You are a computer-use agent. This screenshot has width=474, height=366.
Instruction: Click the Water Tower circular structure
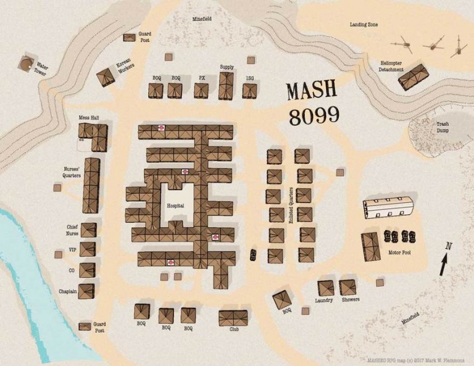tap(26, 63)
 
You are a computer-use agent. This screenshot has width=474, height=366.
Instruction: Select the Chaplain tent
tap(87, 291)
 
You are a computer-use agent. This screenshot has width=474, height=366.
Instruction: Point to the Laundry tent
tap(326, 288)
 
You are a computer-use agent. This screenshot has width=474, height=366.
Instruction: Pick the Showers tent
tap(347, 287)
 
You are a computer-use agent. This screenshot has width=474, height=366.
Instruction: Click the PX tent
tap(202, 91)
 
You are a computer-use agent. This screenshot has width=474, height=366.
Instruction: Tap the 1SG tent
tap(249, 91)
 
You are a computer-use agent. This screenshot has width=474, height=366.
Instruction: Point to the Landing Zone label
tap(364, 25)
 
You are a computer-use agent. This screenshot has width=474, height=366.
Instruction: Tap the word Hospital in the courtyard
tap(176, 206)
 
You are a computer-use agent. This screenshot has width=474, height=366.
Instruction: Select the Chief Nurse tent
tap(88, 230)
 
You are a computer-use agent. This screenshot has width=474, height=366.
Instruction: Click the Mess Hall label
tap(89, 117)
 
